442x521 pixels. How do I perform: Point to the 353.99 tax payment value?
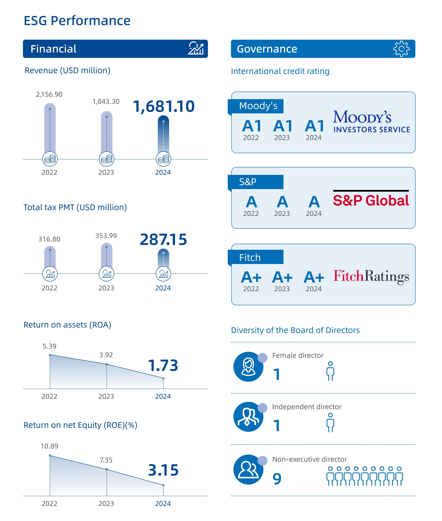point(106,236)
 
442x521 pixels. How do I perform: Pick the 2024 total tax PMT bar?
point(163,258)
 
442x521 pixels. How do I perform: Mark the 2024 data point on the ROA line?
point(163,378)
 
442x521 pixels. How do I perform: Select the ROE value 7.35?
point(106,460)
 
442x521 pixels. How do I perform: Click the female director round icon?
point(248,367)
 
